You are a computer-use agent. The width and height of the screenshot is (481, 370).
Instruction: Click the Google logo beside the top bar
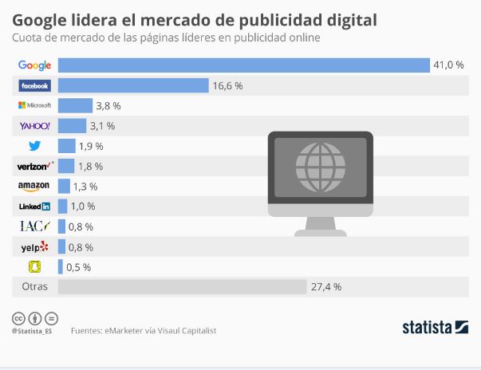[x=34, y=65]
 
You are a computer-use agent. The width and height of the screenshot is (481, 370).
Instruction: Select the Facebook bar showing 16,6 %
[x=132, y=85]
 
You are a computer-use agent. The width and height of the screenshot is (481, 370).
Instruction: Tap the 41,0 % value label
[x=447, y=65]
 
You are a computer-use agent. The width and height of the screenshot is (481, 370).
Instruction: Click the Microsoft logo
[x=34, y=105]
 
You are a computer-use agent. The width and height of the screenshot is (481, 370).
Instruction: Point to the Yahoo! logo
[x=34, y=126]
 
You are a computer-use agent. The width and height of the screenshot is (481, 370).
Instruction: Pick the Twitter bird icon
[x=34, y=146]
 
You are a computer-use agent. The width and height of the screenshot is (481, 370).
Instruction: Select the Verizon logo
[x=34, y=166]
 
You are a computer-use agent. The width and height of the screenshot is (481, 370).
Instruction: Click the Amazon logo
[x=34, y=186]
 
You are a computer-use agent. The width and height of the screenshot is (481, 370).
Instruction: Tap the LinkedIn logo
[x=34, y=207]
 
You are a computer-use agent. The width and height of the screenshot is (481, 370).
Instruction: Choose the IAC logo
[x=34, y=226]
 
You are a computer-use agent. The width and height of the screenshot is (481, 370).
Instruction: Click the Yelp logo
[x=34, y=247]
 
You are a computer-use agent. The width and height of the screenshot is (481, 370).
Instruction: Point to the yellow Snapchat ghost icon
[x=34, y=267]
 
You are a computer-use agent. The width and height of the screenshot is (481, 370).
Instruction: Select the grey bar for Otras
[x=182, y=287]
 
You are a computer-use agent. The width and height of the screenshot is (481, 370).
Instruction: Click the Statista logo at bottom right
[x=435, y=327]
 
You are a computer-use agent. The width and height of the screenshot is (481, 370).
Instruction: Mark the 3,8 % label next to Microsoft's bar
[x=108, y=105]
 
